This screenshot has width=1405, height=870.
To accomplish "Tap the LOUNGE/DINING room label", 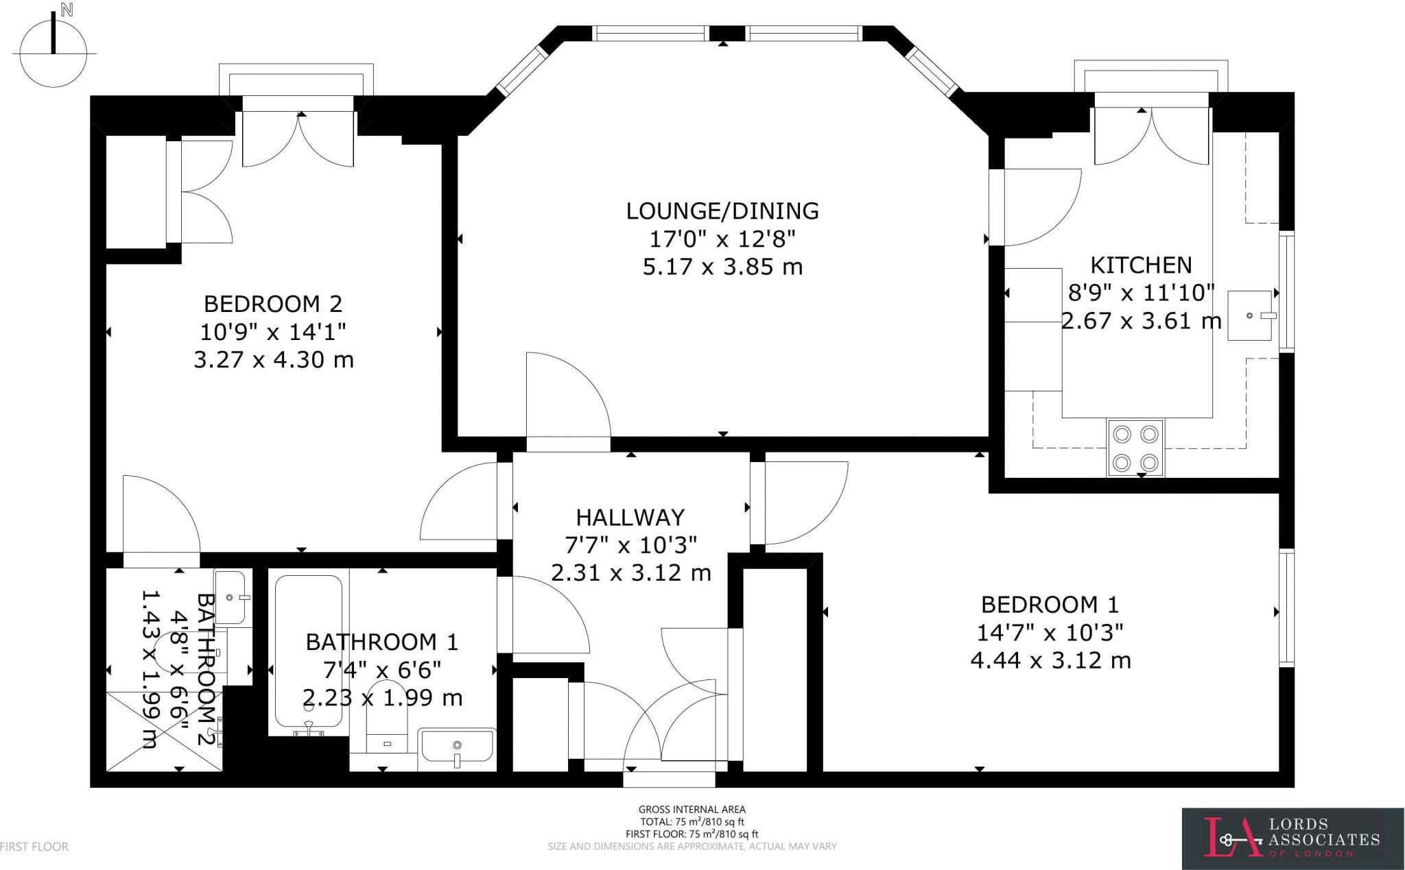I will tap(722, 210).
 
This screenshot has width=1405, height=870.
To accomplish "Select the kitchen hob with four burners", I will tap(1135, 448).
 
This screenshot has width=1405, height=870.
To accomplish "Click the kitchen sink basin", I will tap(1251, 315).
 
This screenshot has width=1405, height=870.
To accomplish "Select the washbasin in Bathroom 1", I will tap(457, 746).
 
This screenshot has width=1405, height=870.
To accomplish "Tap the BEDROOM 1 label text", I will tap(1050, 605).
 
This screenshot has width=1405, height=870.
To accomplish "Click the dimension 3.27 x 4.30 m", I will tap(273, 360).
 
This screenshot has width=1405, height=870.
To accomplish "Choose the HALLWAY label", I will tap(630, 517).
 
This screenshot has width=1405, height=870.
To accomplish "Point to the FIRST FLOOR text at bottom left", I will tap(34, 847).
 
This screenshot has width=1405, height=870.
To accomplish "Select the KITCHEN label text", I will tap(1141, 265).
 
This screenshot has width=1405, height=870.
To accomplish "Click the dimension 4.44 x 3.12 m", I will tap(1050, 660).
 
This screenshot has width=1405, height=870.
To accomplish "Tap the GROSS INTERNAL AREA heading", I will tap(692, 810).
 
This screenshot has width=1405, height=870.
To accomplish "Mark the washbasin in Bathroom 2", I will tap(231, 596).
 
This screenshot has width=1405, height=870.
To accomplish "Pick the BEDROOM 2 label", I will tap(273, 303).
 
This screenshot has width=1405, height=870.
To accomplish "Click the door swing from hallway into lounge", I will tap(568, 398).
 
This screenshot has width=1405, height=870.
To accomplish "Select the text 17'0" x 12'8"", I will tap(722, 239).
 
